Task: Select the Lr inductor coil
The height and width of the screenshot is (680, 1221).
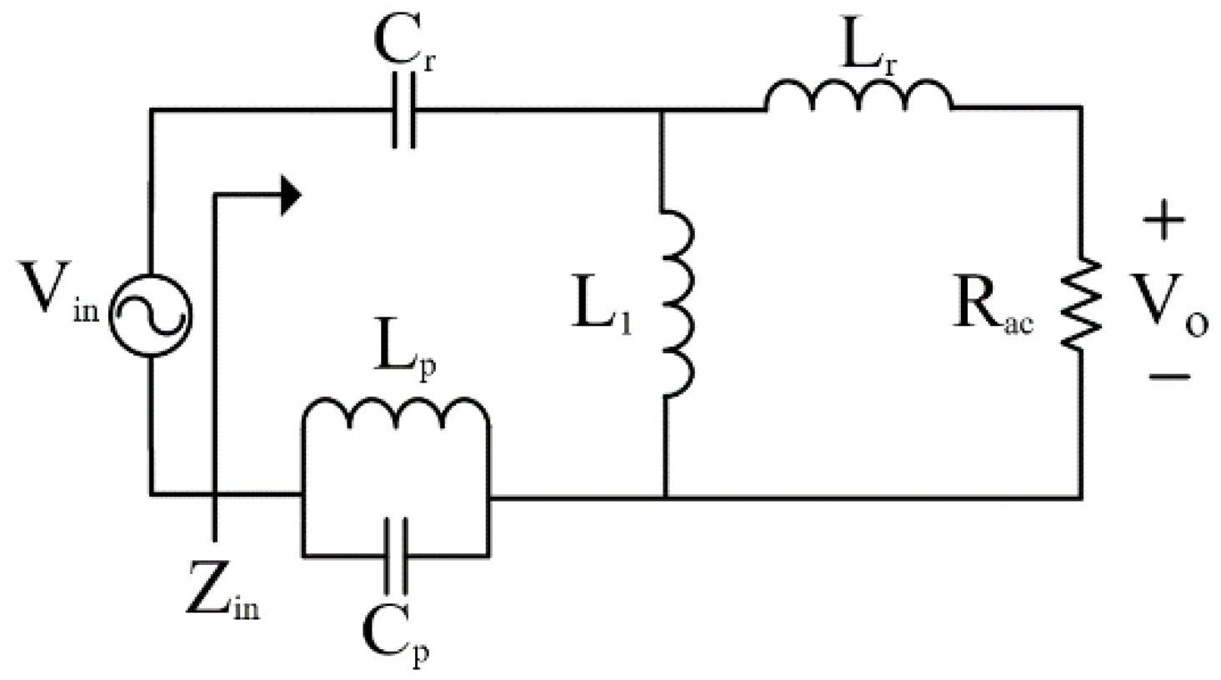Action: coord(858,96)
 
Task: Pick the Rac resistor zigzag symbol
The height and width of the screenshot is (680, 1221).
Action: coord(1082,303)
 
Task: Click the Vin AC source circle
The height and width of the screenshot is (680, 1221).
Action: coord(152,315)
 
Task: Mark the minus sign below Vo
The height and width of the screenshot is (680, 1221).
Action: coord(1168,377)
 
